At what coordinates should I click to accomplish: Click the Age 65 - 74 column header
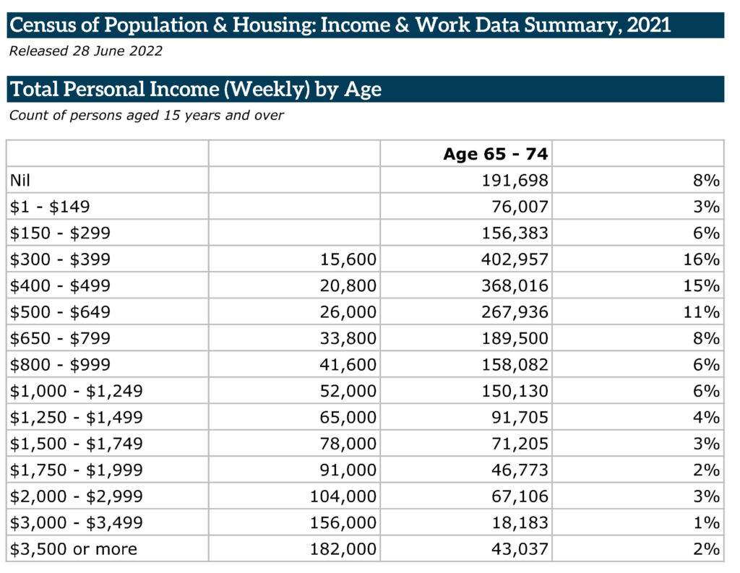[496, 154]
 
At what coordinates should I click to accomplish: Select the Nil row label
[20, 181]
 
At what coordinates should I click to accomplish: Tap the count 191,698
[515, 181]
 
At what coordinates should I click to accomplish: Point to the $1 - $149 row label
[50, 207]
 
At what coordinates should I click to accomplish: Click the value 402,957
[515, 259]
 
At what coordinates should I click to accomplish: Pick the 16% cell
[702, 259]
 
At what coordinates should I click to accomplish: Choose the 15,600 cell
[348, 259]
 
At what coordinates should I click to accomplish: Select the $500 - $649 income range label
[60, 312]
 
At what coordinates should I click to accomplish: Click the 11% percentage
[702, 312]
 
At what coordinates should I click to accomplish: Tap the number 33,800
[348, 338]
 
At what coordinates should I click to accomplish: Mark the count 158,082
[515, 365]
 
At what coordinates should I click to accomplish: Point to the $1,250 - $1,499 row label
[76, 417]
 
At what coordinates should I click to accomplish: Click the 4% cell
[707, 417]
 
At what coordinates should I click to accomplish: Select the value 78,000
[348, 444]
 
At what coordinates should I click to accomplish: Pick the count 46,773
[520, 470]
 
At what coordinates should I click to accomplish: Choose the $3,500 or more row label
[74, 549]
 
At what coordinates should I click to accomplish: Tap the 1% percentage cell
[707, 522]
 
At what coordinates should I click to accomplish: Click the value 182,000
[343, 549]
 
